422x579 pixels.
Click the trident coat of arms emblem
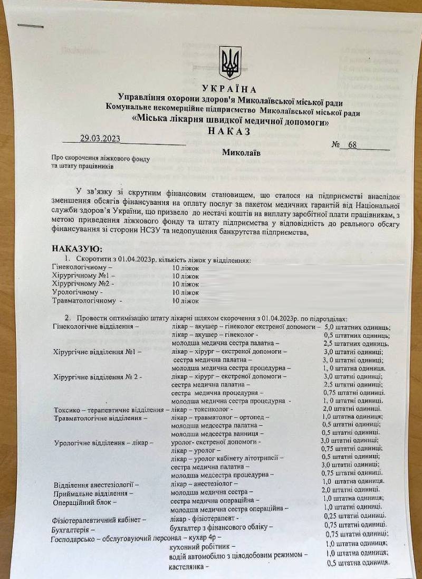click(230, 62)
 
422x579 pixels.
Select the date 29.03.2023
click(100, 139)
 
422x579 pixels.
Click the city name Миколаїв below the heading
click(241, 153)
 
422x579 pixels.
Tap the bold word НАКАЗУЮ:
click(77, 249)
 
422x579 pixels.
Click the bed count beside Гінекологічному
click(185, 268)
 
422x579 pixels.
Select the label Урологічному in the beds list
click(78, 292)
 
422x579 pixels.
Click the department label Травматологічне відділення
click(100, 417)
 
